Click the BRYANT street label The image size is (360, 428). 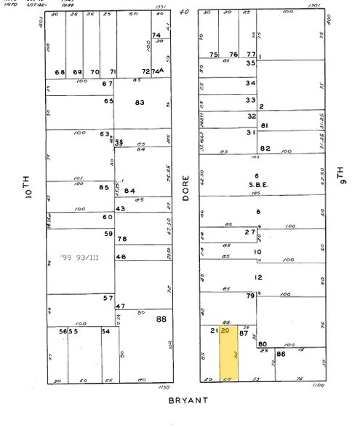point(188,400)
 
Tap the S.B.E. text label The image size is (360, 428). point(257,185)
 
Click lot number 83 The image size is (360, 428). point(140,102)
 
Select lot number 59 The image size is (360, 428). point(109,233)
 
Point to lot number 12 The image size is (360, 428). point(257,277)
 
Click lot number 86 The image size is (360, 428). point(281,353)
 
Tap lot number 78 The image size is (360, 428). point(122,239)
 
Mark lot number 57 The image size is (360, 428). point(108,298)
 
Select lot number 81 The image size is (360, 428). point(265,126)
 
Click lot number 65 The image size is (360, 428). point(108,100)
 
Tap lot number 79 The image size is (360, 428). point(250,296)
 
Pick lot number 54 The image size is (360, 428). point(105,331)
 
